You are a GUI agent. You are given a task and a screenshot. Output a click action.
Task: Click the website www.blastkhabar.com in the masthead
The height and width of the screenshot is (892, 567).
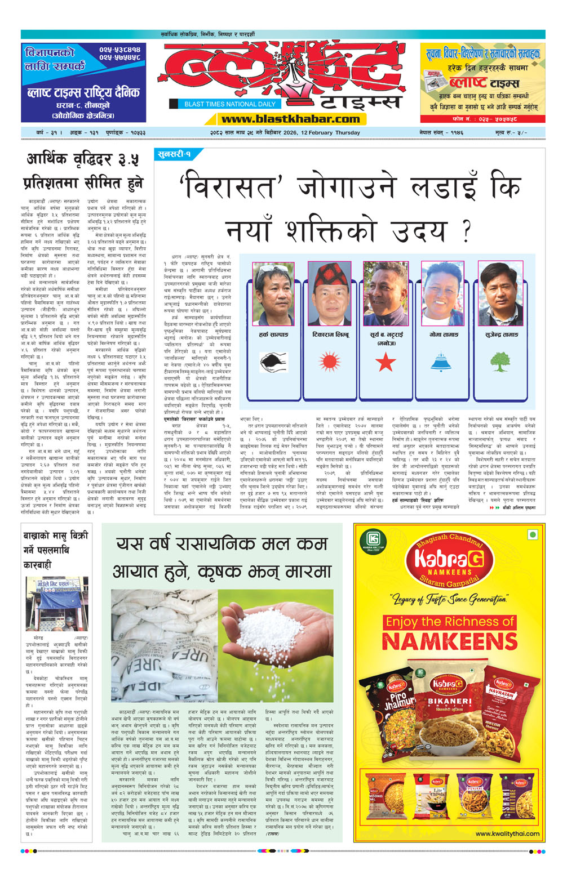point(290,119)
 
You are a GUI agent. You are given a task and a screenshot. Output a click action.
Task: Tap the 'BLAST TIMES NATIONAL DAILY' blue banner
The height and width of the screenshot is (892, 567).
point(229,104)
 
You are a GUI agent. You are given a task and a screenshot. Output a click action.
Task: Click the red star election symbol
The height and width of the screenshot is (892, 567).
point(386,362)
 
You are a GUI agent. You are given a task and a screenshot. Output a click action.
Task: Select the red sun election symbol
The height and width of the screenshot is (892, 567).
point(330,361)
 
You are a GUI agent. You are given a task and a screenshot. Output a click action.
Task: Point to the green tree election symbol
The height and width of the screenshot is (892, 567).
point(499,362)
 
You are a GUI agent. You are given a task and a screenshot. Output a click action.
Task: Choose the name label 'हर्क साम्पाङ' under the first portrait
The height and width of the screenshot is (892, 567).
point(274,334)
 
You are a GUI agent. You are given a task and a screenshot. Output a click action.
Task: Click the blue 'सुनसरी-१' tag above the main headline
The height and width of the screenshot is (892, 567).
point(174,154)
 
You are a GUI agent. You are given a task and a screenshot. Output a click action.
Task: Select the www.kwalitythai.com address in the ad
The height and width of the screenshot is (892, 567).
point(507,833)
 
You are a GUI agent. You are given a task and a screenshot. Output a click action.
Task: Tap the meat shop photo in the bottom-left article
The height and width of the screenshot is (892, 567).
point(56,605)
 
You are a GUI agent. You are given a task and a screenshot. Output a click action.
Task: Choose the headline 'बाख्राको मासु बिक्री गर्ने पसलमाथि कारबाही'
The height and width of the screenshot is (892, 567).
point(55,550)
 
